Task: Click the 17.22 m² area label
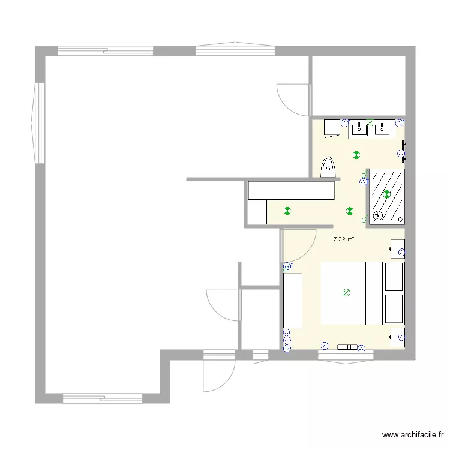342,239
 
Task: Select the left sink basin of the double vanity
359,128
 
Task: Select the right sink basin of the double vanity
382,128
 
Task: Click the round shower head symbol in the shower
378,215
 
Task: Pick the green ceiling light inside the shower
387,194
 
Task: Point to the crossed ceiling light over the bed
345,293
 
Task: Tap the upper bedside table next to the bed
398,248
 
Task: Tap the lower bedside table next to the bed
397,338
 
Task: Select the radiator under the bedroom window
347,347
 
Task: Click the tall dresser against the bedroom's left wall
293,300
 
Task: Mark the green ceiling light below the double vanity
356,155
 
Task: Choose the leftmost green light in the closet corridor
287,210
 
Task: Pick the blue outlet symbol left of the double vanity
344,122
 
